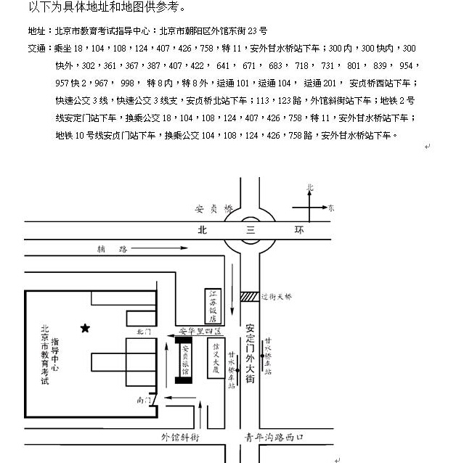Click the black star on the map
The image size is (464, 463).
click(x=85, y=328)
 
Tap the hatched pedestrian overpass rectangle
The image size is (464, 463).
click(x=249, y=296)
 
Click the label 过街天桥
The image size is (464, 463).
click(x=278, y=297)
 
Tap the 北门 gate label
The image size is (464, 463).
click(x=144, y=332)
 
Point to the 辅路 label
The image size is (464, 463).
click(x=113, y=249)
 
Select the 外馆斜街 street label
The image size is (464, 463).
click(x=180, y=438)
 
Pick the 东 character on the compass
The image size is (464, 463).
click(x=330, y=208)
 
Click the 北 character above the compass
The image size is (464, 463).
click(x=310, y=187)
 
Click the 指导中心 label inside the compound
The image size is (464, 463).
click(x=56, y=356)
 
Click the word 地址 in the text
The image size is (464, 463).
click(x=35, y=31)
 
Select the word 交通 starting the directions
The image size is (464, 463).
click(x=35, y=49)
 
